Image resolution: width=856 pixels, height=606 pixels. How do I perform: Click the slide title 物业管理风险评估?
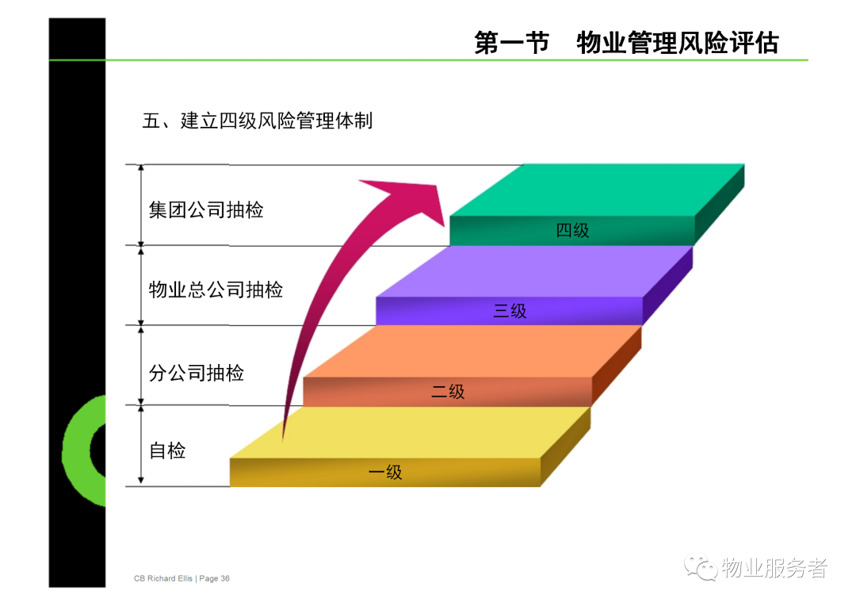pyautogui.click(x=678, y=43)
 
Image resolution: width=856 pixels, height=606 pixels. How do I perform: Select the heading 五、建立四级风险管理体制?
pyautogui.click(x=257, y=121)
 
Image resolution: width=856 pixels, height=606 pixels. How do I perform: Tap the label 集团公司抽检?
pyautogui.click(x=206, y=210)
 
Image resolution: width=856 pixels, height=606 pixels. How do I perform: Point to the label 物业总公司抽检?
pyautogui.click(x=216, y=290)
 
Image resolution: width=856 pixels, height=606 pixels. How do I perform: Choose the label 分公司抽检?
pyautogui.click(x=197, y=374)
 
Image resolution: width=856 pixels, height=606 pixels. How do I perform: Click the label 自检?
pyautogui.click(x=167, y=451)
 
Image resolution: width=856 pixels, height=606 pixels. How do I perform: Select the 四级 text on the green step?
pyautogui.click(x=572, y=231)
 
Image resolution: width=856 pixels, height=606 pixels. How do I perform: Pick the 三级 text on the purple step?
pyautogui.click(x=510, y=311)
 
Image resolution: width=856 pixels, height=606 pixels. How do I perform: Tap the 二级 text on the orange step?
pyautogui.click(x=448, y=391)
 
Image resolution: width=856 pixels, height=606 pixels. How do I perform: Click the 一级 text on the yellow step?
pyautogui.click(x=385, y=472)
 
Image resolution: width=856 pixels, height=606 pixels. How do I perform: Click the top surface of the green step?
pyautogui.click(x=597, y=190)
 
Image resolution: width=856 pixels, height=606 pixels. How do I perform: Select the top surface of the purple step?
pyautogui.click(x=534, y=271)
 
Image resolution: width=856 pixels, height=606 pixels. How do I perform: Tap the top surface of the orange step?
pyautogui.click(x=472, y=351)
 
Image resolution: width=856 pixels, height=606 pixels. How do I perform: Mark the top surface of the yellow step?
pyautogui.click(x=410, y=432)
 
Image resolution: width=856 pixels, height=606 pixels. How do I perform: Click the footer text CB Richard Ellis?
pyautogui.click(x=163, y=578)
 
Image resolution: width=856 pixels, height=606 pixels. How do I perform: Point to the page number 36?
pyautogui.click(x=225, y=578)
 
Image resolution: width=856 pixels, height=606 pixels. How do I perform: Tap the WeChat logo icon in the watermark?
pyautogui.click(x=701, y=568)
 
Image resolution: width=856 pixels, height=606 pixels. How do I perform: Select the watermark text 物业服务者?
pyautogui.click(x=774, y=568)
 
